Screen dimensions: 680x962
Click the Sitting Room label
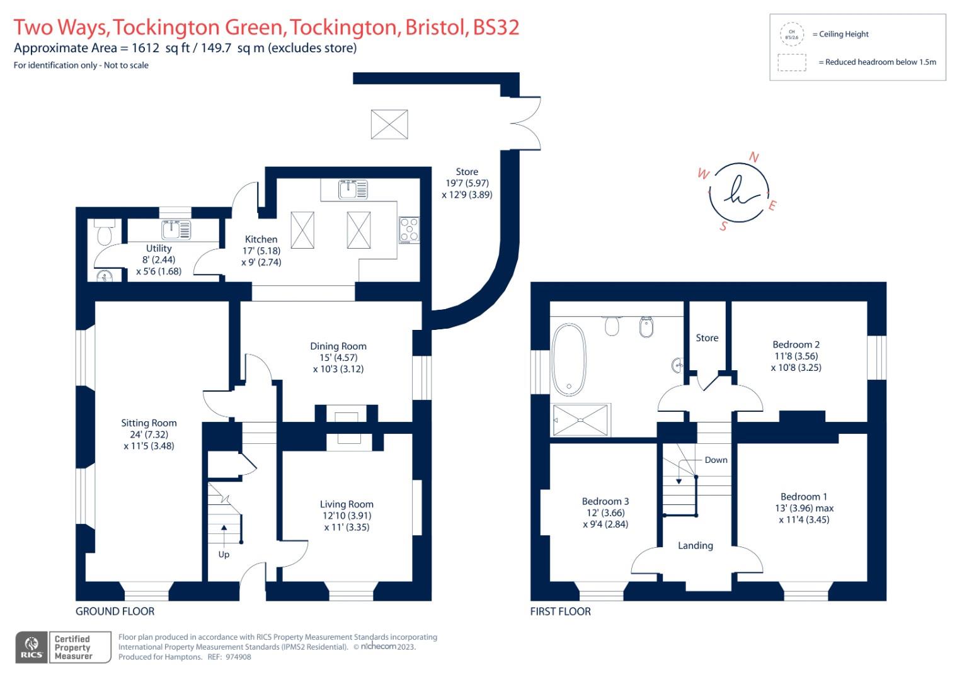point(149,423)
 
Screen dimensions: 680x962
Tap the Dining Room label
point(338,346)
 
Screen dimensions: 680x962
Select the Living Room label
point(346,504)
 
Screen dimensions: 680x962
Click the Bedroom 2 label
point(796,344)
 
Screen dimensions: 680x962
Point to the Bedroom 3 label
point(605,501)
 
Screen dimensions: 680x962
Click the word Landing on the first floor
point(695,546)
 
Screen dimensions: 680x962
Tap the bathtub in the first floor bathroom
point(569,360)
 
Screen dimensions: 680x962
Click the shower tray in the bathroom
point(581,420)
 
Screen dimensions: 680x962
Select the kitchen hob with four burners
point(409,230)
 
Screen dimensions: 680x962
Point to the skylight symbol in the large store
point(389,124)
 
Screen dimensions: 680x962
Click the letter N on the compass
point(753,157)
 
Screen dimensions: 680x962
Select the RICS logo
point(31,647)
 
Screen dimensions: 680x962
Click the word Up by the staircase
point(224,555)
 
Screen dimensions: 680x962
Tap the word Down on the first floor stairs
point(716,460)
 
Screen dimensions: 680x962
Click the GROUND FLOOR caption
point(115,611)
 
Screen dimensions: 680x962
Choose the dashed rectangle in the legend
point(792,62)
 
